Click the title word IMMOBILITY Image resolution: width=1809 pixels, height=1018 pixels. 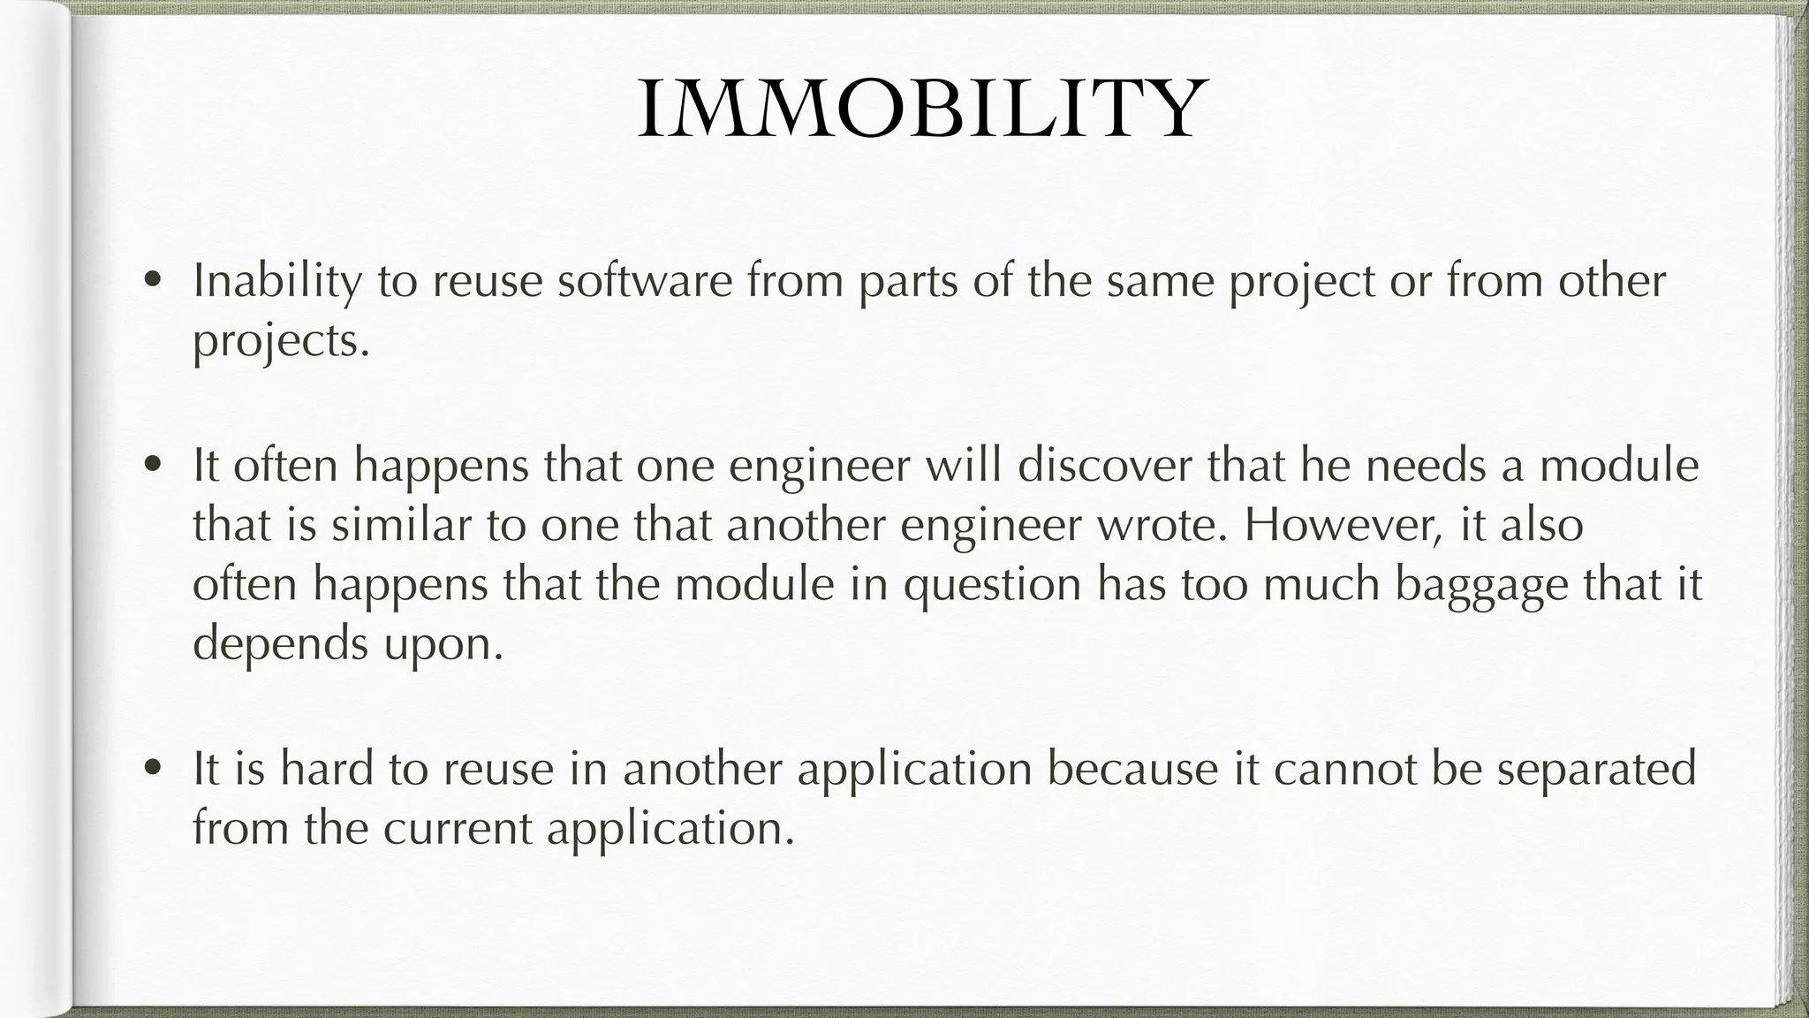920,110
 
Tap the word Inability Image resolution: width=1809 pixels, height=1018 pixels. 277,282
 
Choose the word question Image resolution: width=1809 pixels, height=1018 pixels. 992,585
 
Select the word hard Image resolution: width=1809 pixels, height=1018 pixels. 326,768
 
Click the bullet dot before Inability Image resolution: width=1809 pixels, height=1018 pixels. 154,281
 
